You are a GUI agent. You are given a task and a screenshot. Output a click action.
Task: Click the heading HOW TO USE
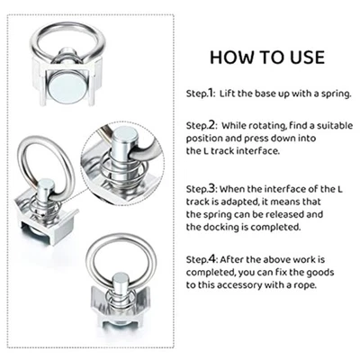[266, 58]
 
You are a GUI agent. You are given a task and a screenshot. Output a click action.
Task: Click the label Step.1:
[201, 93]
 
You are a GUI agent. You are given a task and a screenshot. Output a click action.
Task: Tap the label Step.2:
[201, 127]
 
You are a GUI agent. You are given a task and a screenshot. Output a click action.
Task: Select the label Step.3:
[201, 192]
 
